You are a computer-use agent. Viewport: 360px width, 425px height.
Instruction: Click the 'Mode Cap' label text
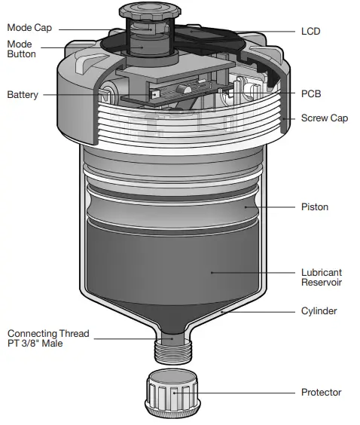coord(30,27)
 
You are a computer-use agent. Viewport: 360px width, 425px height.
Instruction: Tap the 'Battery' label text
coord(23,95)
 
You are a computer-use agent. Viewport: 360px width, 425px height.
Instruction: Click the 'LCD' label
coord(310,31)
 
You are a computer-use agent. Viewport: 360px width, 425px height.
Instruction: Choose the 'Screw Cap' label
coord(324,118)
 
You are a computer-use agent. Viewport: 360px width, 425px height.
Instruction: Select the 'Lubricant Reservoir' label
coord(322,277)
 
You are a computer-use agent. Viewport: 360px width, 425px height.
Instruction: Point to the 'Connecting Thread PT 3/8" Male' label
coord(48,338)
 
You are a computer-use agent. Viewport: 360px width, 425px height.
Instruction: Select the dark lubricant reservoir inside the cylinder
coord(173,264)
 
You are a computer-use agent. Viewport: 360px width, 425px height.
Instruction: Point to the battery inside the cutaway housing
coord(105,96)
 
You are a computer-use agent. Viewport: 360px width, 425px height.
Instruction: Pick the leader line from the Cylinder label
coord(256,310)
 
